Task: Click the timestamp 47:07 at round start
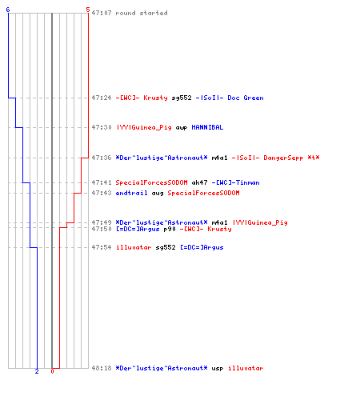tap(102, 13)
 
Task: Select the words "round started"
tap(142, 13)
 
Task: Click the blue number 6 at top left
tap(8, 10)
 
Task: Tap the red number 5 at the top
tap(88, 10)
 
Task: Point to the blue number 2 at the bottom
tap(37, 371)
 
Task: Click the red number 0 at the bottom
tap(52, 371)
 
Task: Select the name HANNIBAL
tap(207, 127)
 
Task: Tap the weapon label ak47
tap(199, 182)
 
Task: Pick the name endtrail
tap(131, 193)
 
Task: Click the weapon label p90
tap(170, 229)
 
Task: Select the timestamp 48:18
tap(102, 368)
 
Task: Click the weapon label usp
tap(218, 369)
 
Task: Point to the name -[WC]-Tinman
tap(235, 182)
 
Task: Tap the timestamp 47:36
tap(102, 158)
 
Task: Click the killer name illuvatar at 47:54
tap(134, 247)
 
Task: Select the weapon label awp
tap(182, 128)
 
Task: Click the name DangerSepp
tap(283, 158)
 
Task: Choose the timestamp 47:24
tap(102, 98)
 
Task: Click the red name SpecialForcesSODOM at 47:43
tap(203, 193)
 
